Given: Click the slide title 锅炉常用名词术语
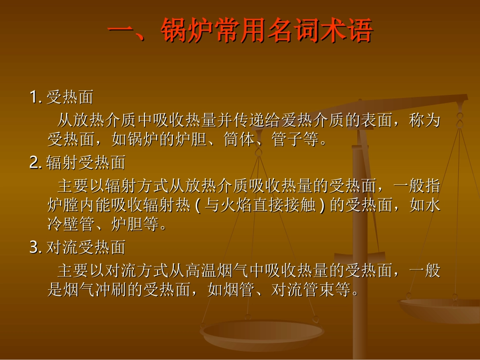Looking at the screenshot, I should [x=241, y=31].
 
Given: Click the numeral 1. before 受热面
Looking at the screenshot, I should [x=36, y=96].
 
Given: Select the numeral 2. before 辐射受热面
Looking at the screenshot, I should [x=36, y=163].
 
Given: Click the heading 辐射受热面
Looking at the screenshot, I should [x=86, y=163].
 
